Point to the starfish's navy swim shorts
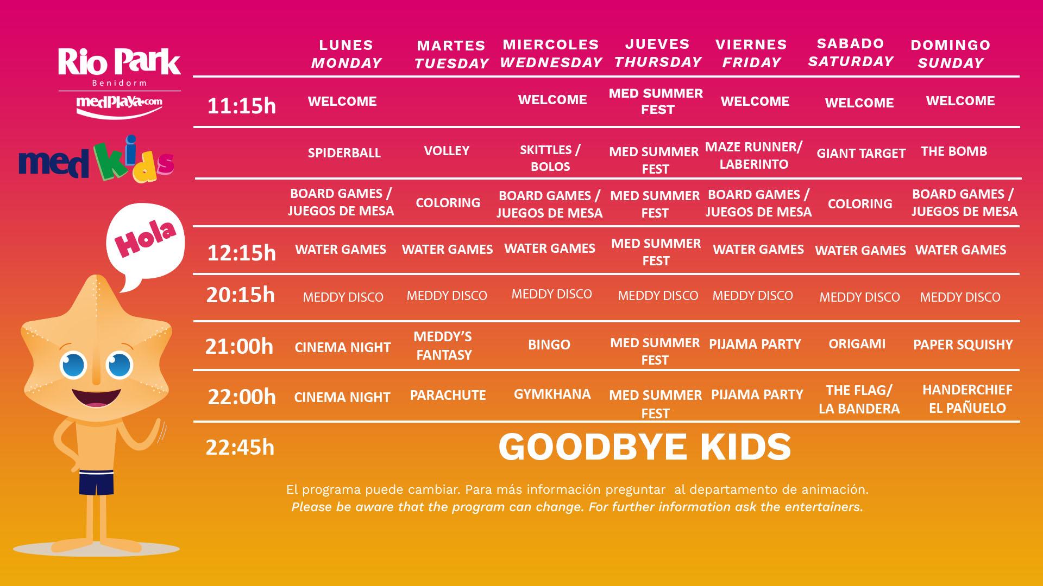tap(97, 483)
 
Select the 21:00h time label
tap(239, 346)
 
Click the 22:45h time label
tap(240, 447)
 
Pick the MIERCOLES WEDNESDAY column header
tap(551, 53)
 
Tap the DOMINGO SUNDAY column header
tap(951, 54)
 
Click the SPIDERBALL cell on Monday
tap(344, 153)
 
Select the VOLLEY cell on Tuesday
tap(447, 150)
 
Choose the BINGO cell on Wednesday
tap(549, 344)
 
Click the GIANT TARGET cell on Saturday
tap(861, 153)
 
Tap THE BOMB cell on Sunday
tap(954, 151)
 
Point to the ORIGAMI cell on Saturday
tap(857, 343)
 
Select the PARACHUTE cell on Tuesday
tap(448, 395)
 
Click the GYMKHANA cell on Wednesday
tap(552, 393)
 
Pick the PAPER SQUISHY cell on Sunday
tap(963, 345)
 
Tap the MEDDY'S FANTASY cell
tap(443, 346)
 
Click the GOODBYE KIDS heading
tap(645, 447)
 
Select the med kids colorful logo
tap(96, 159)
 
